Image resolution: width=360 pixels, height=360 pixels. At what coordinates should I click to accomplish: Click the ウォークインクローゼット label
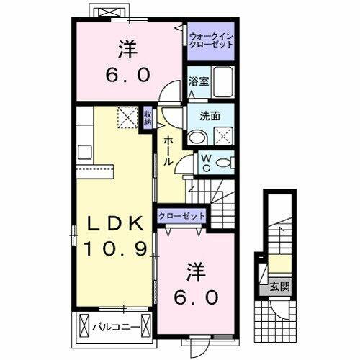(x=212, y=40)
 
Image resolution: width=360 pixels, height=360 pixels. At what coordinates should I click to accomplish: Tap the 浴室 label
(x=199, y=81)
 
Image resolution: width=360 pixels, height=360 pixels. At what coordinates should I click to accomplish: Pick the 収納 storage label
(x=147, y=117)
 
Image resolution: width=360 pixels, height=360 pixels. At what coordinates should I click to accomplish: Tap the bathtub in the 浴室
(x=223, y=81)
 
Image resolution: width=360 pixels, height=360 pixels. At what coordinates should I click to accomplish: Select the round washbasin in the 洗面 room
(x=197, y=135)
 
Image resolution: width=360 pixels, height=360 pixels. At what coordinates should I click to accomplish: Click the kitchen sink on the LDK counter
(x=84, y=152)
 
